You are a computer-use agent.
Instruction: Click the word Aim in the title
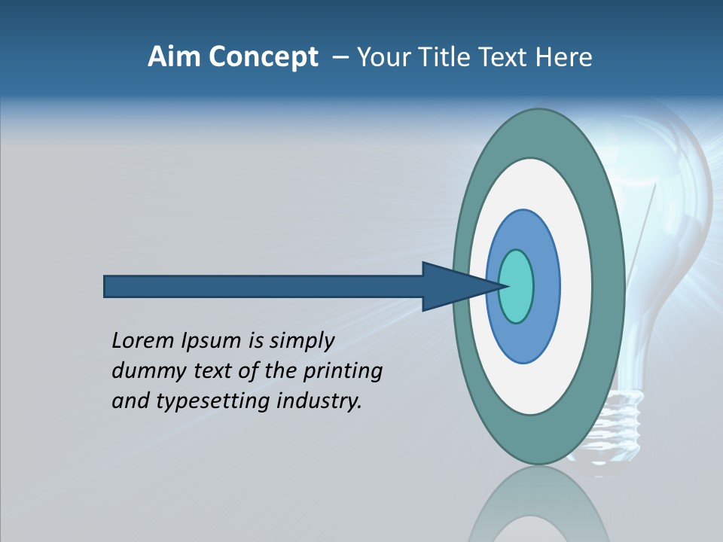(x=174, y=57)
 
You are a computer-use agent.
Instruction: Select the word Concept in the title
(x=264, y=58)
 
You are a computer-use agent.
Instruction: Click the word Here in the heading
(x=564, y=57)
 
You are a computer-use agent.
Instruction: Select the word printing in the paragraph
(x=343, y=371)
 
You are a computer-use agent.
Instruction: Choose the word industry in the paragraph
(x=319, y=400)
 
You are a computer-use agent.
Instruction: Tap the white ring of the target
(x=576, y=286)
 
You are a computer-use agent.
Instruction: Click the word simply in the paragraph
(x=301, y=341)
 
